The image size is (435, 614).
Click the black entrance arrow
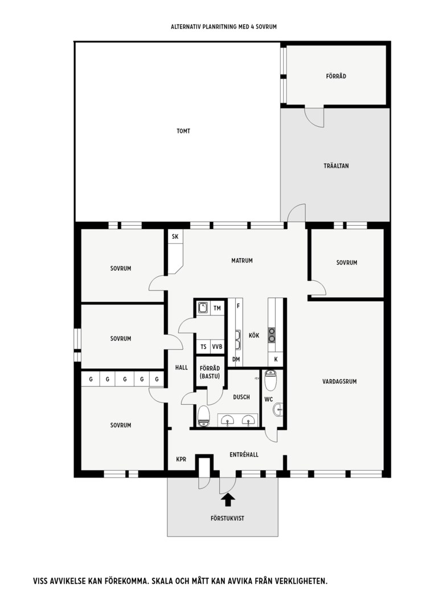pos(228,500)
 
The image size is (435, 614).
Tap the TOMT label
pos(183,131)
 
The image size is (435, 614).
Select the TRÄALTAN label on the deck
pos(336,165)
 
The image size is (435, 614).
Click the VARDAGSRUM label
pos(340,381)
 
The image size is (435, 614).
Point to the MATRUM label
pos(242,260)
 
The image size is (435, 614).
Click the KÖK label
pos(254,335)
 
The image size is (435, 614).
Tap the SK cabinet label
pos(175,237)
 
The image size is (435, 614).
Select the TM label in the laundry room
pos(217,308)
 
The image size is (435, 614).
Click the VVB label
pos(217,347)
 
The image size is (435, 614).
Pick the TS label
pos(203,347)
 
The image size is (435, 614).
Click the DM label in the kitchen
pos(236,359)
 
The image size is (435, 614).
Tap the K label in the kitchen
pos(276,359)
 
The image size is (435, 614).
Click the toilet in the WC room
pos(270,380)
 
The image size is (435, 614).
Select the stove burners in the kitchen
pos(272,335)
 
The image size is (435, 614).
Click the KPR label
pos(181,459)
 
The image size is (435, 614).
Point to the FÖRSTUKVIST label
pos(228,518)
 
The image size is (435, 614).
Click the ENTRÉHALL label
pos(244,455)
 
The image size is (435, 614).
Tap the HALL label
pos(181,367)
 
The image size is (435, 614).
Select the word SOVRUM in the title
pos(266,27)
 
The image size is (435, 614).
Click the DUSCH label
pos(241,397)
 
